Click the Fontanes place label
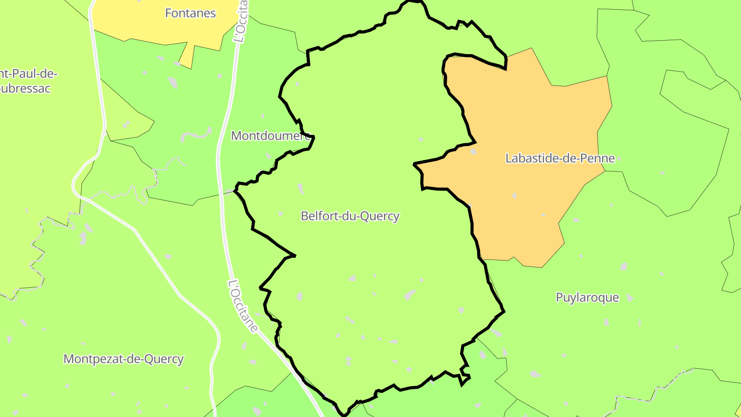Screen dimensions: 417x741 pos(190,13)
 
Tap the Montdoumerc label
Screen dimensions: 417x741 pos(271,136)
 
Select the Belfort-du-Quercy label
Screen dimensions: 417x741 pos(350,216)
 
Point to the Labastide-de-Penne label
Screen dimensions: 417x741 pos(560,159)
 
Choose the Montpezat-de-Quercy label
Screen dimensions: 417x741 pos(123,359)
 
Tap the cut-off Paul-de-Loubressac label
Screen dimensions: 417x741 pos(28,81)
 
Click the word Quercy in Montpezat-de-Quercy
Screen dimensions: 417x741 pos(165,359)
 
